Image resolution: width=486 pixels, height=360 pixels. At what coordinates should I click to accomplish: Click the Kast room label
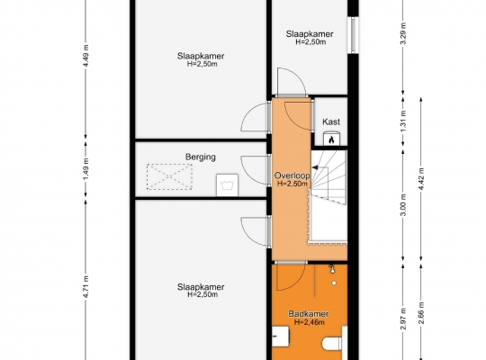click(331, 121)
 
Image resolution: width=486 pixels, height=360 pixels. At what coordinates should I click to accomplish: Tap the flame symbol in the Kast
click(331, 139)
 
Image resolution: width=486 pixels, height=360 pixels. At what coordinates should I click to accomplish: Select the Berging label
click(201, 157)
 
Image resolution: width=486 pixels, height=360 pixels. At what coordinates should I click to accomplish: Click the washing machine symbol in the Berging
click(227, 185)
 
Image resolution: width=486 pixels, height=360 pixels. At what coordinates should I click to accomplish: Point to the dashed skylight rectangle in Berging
click(169, 176)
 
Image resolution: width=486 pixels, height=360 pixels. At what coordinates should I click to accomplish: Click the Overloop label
click(292, 175)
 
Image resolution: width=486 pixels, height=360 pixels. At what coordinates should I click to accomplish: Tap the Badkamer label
click(309, 314)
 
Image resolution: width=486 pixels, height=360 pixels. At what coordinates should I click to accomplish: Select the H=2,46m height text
click(310, 322)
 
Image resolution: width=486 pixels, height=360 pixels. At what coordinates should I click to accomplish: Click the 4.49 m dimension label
click(86, 56)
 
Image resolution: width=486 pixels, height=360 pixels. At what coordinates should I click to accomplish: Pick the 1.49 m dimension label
click(86, 169)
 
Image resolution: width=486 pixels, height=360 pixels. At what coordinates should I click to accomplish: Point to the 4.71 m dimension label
click(86, 287)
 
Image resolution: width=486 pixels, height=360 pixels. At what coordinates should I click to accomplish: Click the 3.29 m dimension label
click(403, 33)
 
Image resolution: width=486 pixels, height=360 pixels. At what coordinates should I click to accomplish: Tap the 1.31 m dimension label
click(403, 121)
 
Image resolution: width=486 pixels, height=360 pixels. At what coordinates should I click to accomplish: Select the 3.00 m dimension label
click(403, 205)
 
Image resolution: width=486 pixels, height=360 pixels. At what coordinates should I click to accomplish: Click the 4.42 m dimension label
click(421, 179)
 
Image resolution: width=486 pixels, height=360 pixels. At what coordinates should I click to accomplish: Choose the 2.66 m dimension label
click(421, 312)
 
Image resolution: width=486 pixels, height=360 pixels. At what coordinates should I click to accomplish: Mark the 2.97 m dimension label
click(403, 319)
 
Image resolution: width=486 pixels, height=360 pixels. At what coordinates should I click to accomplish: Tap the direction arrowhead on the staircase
click(315, 167)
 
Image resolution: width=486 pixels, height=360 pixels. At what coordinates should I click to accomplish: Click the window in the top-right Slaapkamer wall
click(354, 35)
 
